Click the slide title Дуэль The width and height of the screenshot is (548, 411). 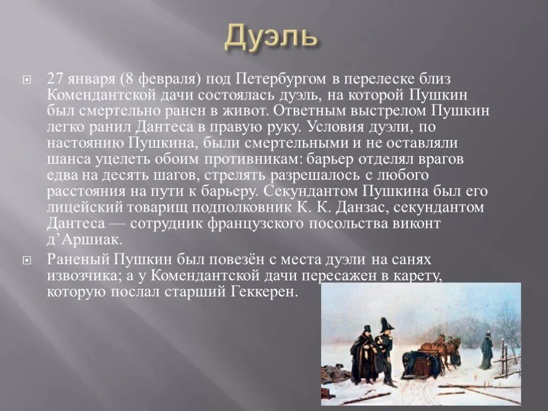[271, 36]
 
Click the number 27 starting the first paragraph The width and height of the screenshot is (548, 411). [55, 79]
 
